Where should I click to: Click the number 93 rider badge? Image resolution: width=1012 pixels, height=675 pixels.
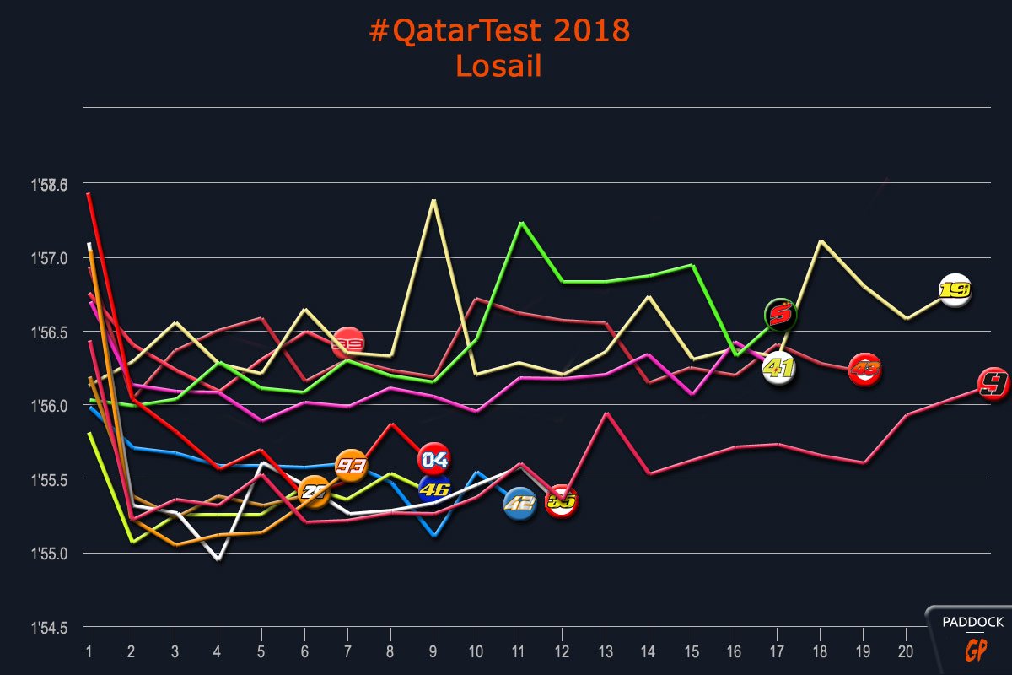point(351,465)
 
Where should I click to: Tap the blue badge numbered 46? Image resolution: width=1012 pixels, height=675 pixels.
point(434,489)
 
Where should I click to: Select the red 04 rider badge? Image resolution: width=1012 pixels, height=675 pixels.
point(434,459)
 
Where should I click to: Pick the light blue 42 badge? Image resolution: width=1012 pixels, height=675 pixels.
point(519,505)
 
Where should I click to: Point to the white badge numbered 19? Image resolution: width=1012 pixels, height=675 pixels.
point(955,290)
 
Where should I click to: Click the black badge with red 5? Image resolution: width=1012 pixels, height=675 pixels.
point(781,316)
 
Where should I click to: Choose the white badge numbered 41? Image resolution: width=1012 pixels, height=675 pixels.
point(780,369)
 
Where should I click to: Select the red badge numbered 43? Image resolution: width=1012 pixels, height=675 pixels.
point(864,370)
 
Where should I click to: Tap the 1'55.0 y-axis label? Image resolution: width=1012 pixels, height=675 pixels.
point(49,554)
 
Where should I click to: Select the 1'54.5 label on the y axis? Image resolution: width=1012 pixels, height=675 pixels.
point(49,629)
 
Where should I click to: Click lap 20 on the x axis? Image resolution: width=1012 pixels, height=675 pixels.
point(906,652)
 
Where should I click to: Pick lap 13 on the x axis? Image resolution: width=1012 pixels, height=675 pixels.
point(605,652)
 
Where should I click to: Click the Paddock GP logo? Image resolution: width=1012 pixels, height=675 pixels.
point(972,637)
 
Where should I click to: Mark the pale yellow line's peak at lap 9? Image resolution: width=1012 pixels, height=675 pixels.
point(433,201)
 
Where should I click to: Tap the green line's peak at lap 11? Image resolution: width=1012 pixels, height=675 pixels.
point(522,223)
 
